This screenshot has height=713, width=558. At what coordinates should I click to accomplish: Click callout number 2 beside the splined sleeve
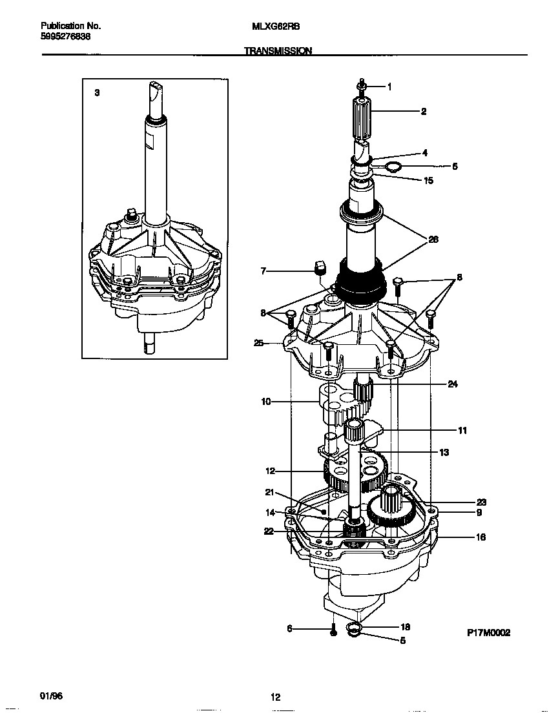(423, 111)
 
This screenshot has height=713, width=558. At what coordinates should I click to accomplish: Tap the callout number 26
(433, 239)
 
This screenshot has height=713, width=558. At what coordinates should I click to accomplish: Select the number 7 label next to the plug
(263, 272)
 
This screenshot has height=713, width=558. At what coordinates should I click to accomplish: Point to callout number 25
(259, 343)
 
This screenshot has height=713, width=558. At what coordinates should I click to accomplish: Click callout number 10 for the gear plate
(265, 401)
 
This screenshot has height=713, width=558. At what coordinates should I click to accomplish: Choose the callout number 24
(453, 384)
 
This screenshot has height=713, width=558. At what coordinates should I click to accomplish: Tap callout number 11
(462, 430)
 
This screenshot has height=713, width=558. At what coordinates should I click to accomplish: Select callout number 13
(444, 453)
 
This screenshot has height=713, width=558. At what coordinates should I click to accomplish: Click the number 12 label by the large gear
(270, 471)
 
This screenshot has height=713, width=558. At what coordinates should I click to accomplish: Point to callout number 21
(269, 493)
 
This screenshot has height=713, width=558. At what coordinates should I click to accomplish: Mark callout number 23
(480, 502)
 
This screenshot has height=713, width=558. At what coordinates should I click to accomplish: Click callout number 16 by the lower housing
(480, 537)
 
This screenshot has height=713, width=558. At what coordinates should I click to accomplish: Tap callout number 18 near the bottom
(405, 626)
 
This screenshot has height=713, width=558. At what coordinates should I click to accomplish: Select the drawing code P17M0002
(488, 634)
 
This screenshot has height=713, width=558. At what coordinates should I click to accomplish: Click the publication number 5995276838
(65, 37)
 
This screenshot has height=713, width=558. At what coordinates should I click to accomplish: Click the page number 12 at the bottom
(275, 697)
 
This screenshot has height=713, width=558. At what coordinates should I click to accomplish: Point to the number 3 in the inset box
(97, 93)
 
